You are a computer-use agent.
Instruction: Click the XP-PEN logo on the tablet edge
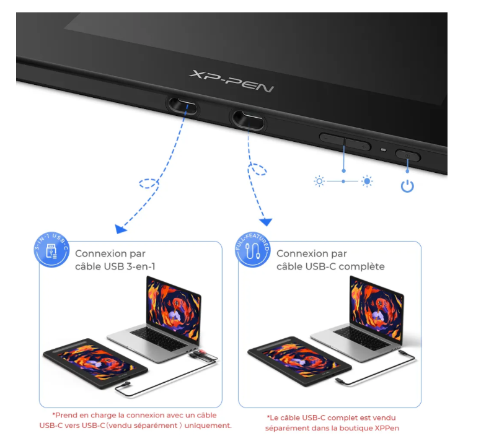pyautogui.click(x=232, y=81)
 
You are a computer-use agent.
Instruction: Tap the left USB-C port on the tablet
pyautogui.click(x=182, y=106)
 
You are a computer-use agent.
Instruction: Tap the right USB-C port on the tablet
pyautogui.click(x=248, y=120)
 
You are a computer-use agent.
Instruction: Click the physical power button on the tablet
pyautogui.click(x=408, y=155)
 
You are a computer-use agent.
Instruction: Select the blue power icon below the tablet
pyautogui.click(x=407, y=186)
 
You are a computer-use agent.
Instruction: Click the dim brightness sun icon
pyautogui.click(x=319, y=181)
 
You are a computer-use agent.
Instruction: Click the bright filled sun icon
pyautogui.click(x=367, y=181)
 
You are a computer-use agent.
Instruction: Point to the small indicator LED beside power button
pyautogui.click(x=383, y=150)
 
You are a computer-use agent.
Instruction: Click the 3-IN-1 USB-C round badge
pyautogui.click(x=51, y=250)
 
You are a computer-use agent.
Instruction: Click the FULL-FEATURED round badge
pyautogui.click(x=253, y=250)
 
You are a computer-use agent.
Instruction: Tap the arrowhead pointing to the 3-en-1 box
pyautogui.click(x=120, y=229)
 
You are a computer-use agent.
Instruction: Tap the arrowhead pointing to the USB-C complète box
pyautogui.click(x=266, y=222)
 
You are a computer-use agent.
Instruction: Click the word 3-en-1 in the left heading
pyautogui.click(x=141, y=266)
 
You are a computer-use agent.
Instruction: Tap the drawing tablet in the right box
pyautogui.click(x=299, y=361)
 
